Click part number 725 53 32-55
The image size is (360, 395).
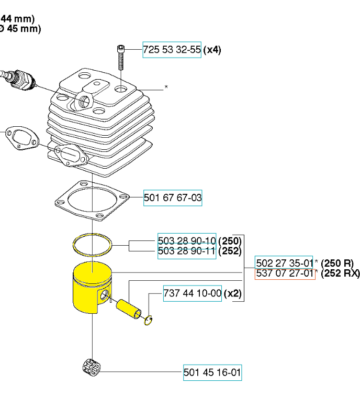[172, 50]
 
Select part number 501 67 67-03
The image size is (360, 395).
[173, 198]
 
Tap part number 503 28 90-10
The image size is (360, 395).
[187, 240]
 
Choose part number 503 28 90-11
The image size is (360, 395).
[187, 251]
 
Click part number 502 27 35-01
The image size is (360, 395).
[284, 263]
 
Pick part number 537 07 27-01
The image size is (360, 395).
[284, 273]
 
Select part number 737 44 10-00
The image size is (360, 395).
[193, 293]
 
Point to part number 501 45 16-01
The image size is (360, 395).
[212, 372]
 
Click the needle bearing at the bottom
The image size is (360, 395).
[93, 369]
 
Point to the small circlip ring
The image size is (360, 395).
[149, 320]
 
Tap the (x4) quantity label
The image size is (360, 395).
[212, 50]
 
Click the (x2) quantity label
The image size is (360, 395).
[233, 293]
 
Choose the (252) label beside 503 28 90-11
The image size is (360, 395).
[230, 251]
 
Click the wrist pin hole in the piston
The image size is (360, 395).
[107, 295]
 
